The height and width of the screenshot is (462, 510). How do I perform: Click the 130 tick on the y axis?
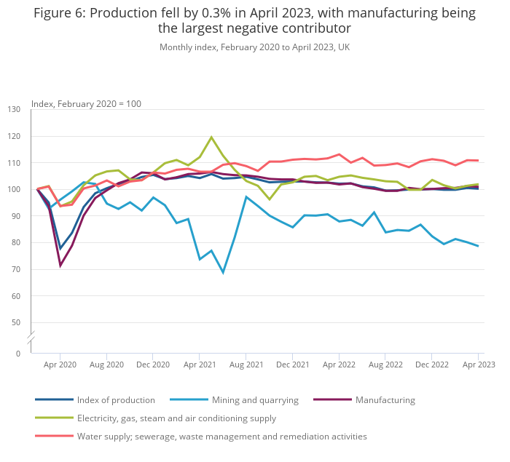point(14,110)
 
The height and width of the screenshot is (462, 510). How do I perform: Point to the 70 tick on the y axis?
point(16,270)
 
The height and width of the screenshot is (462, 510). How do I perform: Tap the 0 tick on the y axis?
point(18,354)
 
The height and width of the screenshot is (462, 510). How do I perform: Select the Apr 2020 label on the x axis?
point(60,364)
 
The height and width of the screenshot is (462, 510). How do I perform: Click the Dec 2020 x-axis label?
point(153,364)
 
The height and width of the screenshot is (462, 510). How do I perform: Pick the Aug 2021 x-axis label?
point(246,364)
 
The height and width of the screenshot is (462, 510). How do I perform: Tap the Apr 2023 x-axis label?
point(478,364)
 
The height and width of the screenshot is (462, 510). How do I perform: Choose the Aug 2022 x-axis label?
point(385,364)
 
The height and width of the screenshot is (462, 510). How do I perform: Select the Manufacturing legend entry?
point(385,400)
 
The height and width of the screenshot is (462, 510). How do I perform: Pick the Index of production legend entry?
point(116,400)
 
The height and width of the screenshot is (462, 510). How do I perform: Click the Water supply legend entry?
point(221,437)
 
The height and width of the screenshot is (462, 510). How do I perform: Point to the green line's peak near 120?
point(211,138)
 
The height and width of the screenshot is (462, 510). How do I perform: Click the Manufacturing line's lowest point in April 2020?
point(60,266)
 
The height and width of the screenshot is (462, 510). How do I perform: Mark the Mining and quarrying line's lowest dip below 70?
point(223,272)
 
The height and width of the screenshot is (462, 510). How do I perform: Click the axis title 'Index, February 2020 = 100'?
point(86,104)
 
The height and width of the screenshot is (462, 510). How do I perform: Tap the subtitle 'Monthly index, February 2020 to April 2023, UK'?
point(254,47)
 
